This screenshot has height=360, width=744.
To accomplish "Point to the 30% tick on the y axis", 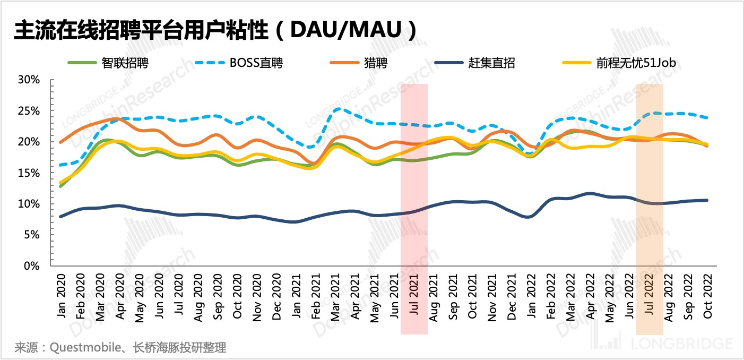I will tap(29, 80).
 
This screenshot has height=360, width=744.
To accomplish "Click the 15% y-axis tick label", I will tap(29, 173).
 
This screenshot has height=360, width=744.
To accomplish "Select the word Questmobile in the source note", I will tap(77, 348).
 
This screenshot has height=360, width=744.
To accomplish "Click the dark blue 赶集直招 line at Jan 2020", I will tap(61, 216).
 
